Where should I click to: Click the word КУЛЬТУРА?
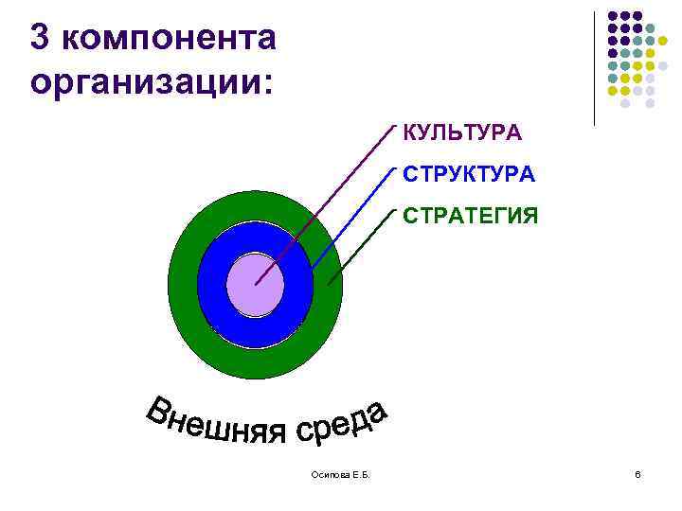(461, 132)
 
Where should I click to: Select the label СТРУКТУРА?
(469, 175)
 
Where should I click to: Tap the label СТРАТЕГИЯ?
(471, 217)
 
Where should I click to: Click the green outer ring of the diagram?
(185, 284)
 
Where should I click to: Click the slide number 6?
(637, 473)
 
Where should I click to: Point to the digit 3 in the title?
(40, 38)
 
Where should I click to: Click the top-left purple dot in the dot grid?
(613, 16)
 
